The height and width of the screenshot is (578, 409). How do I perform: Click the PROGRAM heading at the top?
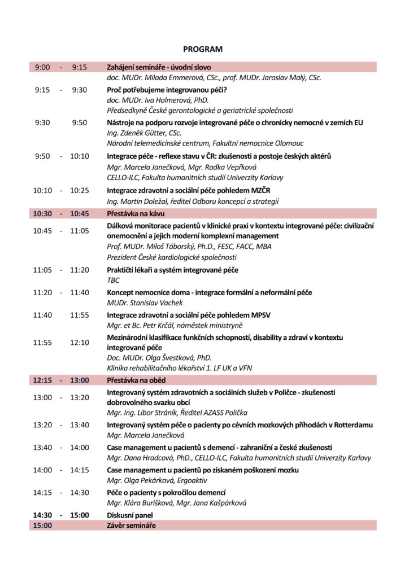[203, 50]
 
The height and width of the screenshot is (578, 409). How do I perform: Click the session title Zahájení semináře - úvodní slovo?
[159, 67]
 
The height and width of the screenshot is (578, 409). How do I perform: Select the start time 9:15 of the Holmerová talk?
[42, 90]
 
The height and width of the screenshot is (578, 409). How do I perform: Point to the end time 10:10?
[79, 156]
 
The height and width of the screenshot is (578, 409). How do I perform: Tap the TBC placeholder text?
[113, 280]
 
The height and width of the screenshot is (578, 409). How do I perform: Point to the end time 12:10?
[79, 343]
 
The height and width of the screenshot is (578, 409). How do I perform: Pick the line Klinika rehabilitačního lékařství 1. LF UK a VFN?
[179, 368]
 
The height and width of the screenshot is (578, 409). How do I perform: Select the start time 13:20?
[42, 425]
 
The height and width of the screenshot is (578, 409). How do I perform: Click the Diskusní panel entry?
[130, 515]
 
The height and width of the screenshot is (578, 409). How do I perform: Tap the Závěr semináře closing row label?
[132, 526]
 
